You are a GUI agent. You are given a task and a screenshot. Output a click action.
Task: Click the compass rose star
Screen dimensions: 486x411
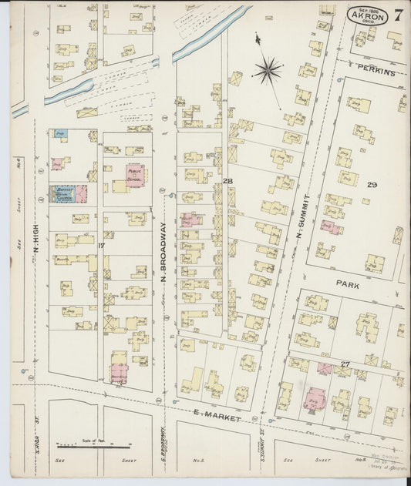[268, 71]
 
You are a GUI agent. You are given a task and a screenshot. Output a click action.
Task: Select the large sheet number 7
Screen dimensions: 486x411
[398, 15]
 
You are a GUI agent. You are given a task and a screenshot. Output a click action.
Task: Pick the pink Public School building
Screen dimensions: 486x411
[135, 175]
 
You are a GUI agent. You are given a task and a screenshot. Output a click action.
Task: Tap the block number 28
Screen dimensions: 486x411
[227, 181]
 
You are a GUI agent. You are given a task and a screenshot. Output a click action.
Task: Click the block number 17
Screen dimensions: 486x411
[101, 246]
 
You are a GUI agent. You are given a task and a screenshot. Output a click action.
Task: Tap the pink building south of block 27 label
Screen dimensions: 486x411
[313, 398]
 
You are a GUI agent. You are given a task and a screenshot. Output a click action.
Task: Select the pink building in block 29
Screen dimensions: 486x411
[331, 227]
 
